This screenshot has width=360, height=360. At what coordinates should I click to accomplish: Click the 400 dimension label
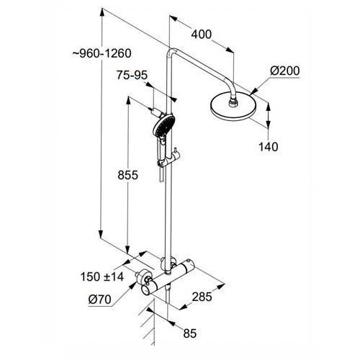(x=202, y=35)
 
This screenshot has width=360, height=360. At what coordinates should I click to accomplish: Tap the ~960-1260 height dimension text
(x=102, y=53)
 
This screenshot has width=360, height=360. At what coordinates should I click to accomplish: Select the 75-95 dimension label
(x=132, y=75)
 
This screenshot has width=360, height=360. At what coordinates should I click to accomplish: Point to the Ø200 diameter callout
(x=285, y=71)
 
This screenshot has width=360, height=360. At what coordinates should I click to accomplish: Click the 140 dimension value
(x=269, y=146)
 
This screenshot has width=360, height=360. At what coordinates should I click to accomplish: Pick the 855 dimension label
(x=127, y=175)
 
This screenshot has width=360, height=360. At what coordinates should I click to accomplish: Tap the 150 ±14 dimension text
(x=102, y=276)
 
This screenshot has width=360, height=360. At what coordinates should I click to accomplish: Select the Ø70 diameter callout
(x=99, y=300)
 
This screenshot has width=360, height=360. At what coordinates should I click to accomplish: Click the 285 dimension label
(x=202, y=297)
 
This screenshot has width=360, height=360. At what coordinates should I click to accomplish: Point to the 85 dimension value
(x=190, y=333)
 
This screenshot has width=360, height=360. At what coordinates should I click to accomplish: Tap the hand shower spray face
(x=163, y=125)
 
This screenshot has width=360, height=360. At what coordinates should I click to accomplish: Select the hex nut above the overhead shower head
(x=233, y=102)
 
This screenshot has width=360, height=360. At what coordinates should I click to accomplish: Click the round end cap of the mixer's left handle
(x=145, y=290)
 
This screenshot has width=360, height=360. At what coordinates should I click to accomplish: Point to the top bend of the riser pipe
(x=171, y=53)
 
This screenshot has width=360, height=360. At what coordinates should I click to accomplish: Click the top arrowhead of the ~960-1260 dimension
(x=102, y=12)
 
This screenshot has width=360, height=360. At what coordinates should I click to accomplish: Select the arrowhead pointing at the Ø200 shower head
(x=254, y=91)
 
